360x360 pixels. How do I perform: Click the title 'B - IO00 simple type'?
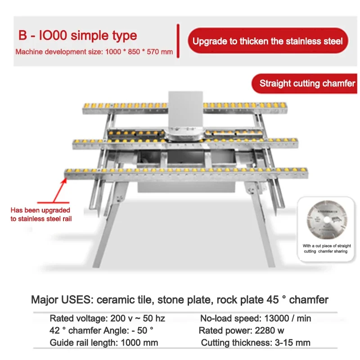(x=77, y=36)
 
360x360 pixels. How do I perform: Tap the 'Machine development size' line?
(x=94, y=52)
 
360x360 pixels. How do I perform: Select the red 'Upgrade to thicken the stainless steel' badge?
(x=268, y=41)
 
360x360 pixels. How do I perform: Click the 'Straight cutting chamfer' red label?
(x=305, y=84)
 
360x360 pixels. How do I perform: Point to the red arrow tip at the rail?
(x=65, y=178)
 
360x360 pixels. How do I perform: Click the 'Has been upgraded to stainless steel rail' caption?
(x=41, y=215)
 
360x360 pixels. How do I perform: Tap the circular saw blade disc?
(x=327, y=220)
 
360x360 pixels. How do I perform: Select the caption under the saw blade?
(x=327, y=248)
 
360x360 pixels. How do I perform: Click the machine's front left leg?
(x=110, y=225)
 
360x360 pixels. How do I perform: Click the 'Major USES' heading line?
(x=180, y=300)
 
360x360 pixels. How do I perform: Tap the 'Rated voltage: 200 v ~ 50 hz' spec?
(x=107, y=319)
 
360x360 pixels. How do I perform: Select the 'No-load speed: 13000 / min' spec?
(x=256, y=319)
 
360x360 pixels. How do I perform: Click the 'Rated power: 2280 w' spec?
(x=241, y=331)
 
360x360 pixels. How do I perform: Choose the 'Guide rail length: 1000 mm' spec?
(x=104, y=342)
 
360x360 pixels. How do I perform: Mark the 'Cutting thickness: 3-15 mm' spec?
(x=256, y=342)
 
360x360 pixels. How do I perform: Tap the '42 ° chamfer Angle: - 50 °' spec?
(x=101, y=331)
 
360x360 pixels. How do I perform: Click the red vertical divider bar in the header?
(x=178, y=41)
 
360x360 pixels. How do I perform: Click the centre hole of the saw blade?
(x=327, y=220)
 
